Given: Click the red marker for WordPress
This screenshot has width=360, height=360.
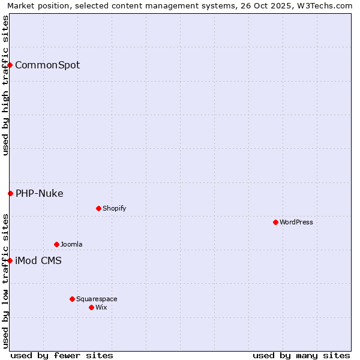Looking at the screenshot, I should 275,222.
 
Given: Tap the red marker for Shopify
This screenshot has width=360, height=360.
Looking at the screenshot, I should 98,208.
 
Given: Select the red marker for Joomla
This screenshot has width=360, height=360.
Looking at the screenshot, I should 56,244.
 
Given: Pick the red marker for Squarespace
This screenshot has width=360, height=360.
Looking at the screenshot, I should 72,299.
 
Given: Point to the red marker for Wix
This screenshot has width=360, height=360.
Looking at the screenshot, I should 91,307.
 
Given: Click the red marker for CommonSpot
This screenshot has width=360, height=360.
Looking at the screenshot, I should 10,65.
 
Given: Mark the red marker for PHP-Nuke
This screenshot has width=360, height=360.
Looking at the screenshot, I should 10,193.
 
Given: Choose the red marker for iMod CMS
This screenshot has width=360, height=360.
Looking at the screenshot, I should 10,260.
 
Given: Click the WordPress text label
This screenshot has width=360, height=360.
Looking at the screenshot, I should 296,222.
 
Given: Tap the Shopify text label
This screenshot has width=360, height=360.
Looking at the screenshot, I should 115,208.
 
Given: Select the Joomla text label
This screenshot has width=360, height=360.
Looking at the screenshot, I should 71,244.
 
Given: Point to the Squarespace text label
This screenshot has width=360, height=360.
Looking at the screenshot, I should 97,299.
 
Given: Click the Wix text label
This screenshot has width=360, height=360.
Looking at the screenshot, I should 101,307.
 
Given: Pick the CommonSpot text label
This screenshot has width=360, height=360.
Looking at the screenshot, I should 47,65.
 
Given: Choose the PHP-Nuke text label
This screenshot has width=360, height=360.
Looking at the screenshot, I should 40,193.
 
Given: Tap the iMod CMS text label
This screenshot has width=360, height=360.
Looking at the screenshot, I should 38,260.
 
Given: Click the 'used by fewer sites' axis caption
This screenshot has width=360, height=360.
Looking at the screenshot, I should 62,355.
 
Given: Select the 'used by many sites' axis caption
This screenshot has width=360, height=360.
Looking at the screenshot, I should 301,355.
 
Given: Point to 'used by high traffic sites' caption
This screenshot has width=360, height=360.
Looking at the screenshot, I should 5,85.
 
